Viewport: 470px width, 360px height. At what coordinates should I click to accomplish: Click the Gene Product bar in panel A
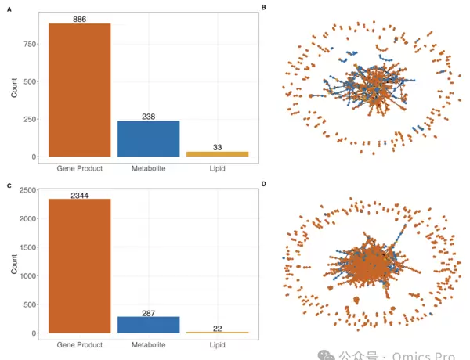tap(80, 90)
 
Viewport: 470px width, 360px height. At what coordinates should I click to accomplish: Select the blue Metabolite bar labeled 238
tap(149, 139)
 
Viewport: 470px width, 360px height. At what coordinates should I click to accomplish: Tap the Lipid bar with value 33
tap(217, 153)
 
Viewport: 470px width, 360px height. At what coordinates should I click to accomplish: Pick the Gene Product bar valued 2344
tap(80, 266)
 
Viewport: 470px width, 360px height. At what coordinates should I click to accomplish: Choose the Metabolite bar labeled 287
tap(149, 325)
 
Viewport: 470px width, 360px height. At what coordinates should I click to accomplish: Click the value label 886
tap(80, 19)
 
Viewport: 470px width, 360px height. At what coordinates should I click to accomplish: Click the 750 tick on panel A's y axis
tap(29, 44)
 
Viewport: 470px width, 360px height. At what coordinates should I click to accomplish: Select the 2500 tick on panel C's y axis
tap(27, 190)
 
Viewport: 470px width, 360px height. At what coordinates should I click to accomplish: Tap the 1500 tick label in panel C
tap(27, 247)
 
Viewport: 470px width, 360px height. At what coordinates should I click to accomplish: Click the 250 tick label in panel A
tap(29, 119)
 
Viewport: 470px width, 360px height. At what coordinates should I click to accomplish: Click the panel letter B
tap(264, 8)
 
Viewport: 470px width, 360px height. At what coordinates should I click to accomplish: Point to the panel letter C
tap(9, 186)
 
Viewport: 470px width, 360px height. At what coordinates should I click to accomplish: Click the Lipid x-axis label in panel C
tap(217, 344)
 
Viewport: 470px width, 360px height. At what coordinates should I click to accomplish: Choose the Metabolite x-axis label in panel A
tap(149, 168)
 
